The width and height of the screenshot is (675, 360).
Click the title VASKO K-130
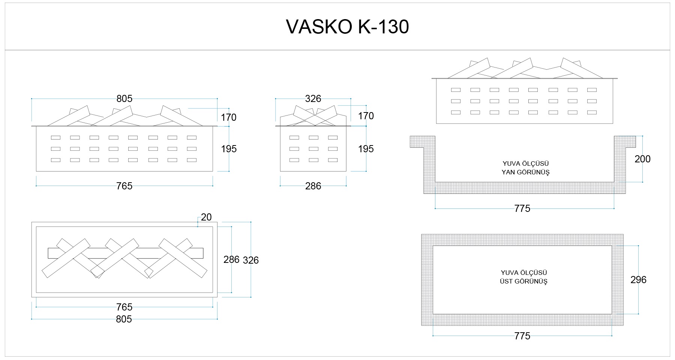click(x=347, y=27)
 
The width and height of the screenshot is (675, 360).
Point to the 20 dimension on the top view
click(x=206, y=217)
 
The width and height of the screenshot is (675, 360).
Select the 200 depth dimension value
click(x=642, y=159)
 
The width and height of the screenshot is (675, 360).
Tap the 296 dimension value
click(x=638, y=280)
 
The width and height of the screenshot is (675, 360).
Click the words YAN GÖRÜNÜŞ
click(x=525, y=172)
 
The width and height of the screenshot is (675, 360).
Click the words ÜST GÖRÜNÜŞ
click(x=523, y=281)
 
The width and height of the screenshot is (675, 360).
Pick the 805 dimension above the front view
click(x=124, y=99)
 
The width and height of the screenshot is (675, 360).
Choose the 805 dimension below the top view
click(x=124, y=319)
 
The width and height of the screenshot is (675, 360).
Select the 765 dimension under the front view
click(x=124, y=186)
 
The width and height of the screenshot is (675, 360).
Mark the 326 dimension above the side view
click(x=313, y=99)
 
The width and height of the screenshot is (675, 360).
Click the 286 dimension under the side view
click(x=313, y=186)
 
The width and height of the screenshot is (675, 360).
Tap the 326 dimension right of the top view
click(x=251, y=260)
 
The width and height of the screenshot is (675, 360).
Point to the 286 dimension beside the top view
click(x=231, y=259)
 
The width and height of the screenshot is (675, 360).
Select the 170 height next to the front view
click(x=229, y=117)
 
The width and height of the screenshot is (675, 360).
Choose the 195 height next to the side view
click(x=366, y=149)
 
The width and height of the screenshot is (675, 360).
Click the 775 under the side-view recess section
click(x=522, y=208)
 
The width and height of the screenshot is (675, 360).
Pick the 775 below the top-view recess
click(x=522, y=336)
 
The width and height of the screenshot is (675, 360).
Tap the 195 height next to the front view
click(x=229, y=149)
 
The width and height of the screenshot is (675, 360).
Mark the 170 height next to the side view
click(x=366, y=116)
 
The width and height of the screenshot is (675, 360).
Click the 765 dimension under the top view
click(x=124, y=307)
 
